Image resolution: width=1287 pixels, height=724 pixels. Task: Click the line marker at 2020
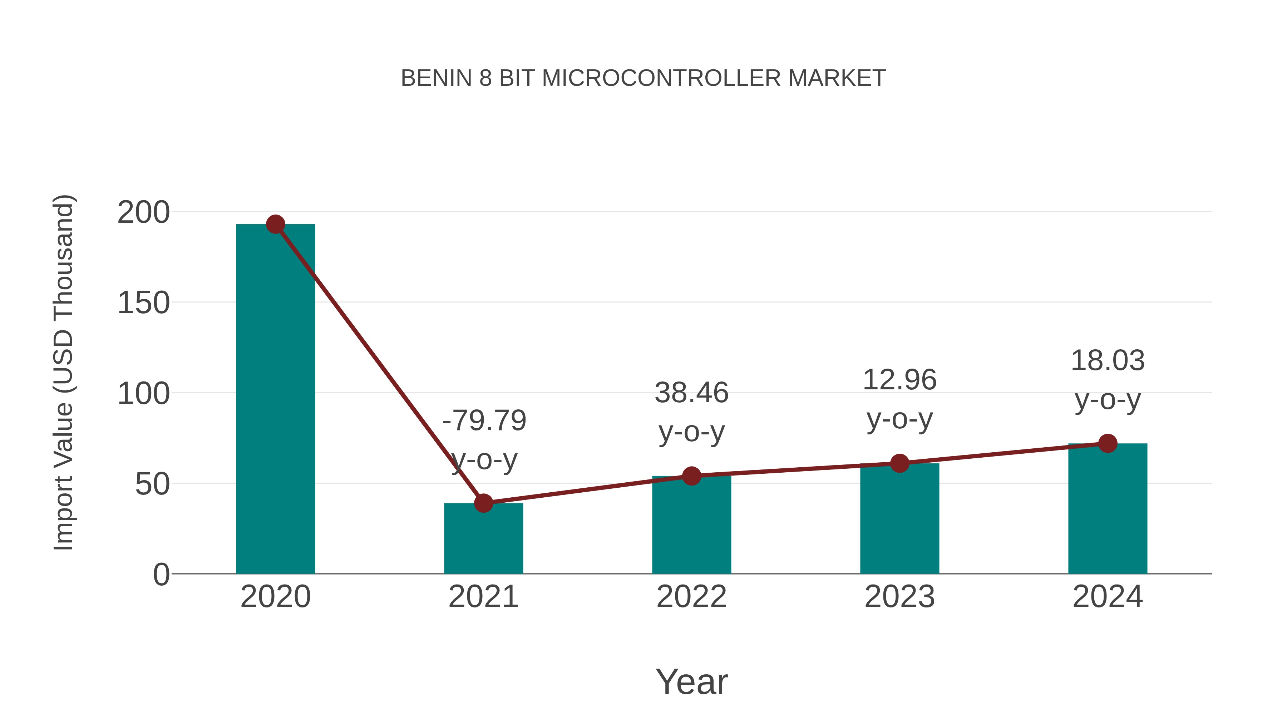(x=275, y=224)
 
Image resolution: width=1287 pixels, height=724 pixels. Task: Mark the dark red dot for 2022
(x=691, y=476)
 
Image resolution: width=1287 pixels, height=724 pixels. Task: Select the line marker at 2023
(x=899, y=464)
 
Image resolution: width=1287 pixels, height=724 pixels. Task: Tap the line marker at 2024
(x=1108, y=443)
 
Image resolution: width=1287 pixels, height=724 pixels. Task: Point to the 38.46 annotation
(x=691, y=393)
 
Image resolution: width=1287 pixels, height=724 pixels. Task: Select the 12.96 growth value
(x=899, y=380)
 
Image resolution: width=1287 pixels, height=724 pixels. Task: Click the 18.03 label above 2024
(x=1108, y=361)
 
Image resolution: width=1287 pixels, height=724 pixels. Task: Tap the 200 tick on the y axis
(x=143, y=212)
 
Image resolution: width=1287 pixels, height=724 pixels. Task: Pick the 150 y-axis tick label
(x=143, y=303)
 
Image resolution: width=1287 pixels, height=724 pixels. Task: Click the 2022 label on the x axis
(x=691, y=597)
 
